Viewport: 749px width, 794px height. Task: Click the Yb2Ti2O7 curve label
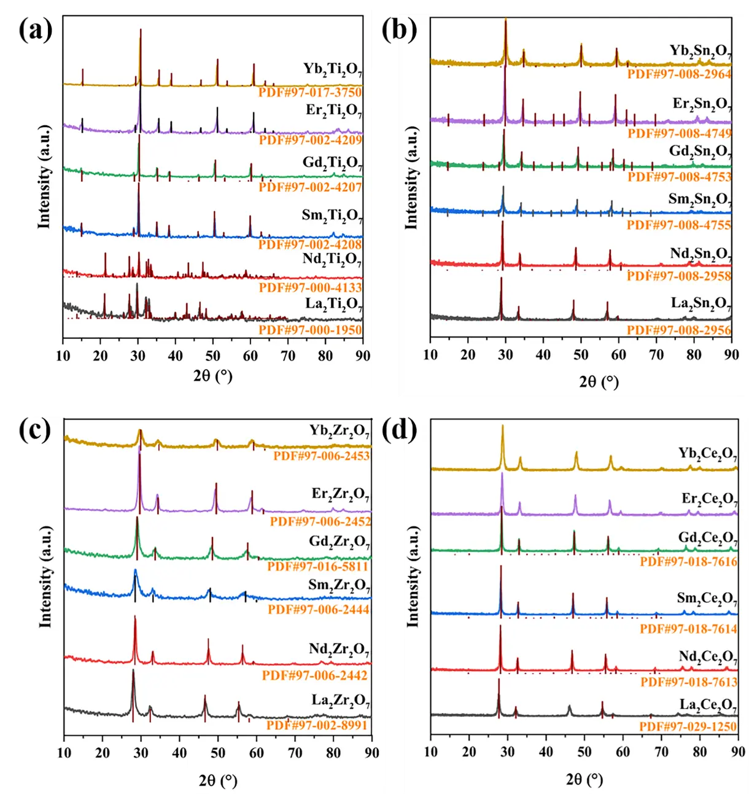coord(332,69)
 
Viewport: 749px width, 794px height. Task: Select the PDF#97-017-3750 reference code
coord(310,93)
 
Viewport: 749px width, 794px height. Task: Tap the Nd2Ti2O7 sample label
coord(332,260)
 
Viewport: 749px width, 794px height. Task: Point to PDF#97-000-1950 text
coord(310,330)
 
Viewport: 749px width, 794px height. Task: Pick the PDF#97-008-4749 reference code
coord(679,133)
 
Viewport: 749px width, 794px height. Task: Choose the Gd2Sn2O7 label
coord(700,152)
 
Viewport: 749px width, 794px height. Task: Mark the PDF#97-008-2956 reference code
coord(679,330)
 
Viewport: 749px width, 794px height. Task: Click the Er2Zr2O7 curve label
coord(340,494)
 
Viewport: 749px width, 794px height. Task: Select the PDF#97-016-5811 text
coord(317,566)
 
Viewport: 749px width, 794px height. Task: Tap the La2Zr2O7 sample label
coord(340,701)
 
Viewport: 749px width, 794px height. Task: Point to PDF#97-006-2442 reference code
coord(315,675)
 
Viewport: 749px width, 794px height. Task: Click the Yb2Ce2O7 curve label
coord(707,454)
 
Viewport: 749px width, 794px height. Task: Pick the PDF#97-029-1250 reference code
coord(688,727)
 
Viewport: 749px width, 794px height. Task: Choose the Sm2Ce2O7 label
coord(707,598)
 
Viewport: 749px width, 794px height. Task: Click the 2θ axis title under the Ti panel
coord(212,375)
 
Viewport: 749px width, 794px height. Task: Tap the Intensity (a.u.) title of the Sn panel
coord(411,178)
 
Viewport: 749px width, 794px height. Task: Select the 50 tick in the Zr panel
coord(218,753)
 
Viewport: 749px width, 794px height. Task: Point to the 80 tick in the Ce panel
coord(700,752)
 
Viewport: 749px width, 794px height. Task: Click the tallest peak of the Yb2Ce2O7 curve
coord(503,426)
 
